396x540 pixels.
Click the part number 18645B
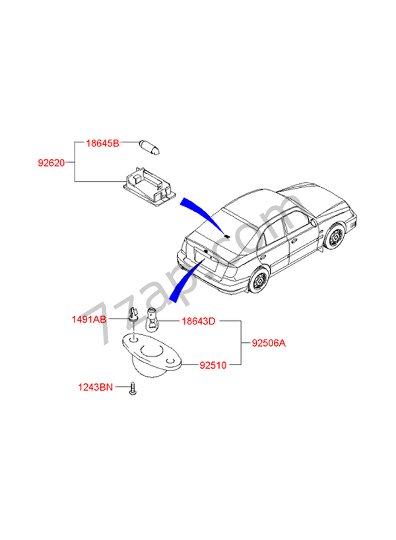pyautogui.click(x=104, y=142)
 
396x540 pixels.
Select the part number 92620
pyautogui.click(x=52, y=162)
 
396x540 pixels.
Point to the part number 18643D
pyautogui.click(x=198, y=321)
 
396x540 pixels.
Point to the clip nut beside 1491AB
pyautogui.click(x=134, y=317)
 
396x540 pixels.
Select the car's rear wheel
pyautogui.click(x=257, y=281)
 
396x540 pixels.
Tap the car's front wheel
pyautogui.click(x=335, y=238)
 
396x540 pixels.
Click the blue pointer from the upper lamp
pyautogui.click(x=201, y=210)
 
